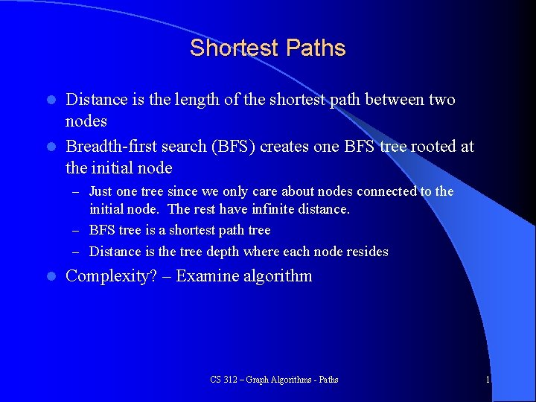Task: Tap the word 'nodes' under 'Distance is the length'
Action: pos(86,121)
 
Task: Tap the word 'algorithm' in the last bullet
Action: pos(278,276)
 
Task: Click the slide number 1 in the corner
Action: pos(488,380)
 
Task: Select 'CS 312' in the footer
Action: pos(221,380)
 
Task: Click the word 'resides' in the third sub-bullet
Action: pos(366,252)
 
